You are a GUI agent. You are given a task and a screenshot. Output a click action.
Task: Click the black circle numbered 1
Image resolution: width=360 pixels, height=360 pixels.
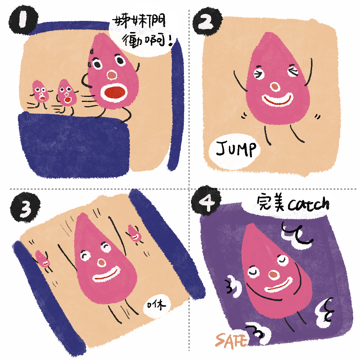tap(23, 21)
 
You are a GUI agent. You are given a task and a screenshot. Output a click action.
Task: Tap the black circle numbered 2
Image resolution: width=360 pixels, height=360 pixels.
tap(207, 22)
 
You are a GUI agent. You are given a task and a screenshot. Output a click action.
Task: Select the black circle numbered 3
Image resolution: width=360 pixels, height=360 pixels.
tap(25, 207)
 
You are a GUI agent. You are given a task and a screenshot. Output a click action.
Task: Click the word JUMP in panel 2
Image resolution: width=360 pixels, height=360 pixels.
tap(236, 149)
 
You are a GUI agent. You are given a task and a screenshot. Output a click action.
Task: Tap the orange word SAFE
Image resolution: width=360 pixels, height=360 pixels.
tap(231, 341)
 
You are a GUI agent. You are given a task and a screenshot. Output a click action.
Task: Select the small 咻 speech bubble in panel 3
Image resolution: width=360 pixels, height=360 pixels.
tap(157, 306)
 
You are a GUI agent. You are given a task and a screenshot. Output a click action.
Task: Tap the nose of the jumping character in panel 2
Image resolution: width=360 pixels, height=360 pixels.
tap(275, 87)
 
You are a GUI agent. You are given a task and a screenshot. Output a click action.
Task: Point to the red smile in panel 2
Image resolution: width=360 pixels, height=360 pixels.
tap(277, 100)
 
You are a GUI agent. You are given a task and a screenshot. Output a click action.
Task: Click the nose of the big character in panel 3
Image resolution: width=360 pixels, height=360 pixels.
tap(102, 263)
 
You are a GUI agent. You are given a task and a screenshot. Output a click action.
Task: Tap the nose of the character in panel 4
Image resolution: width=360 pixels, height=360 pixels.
tap(273, 275)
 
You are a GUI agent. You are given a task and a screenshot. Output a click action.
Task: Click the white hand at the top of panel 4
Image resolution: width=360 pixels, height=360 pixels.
tap(297, 235)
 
